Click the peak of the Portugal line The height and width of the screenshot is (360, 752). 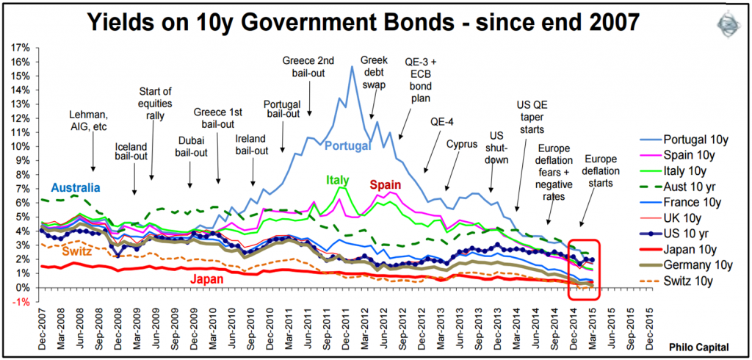click(x=352, y=67)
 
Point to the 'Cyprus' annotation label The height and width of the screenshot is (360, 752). click(x=462, y=144)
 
